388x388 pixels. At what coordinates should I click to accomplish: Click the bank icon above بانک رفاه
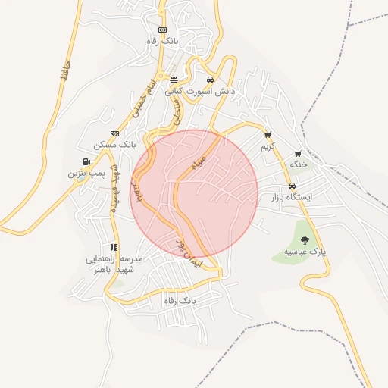tap(162, 30)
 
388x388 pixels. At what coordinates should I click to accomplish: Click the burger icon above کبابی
tap(174, 80)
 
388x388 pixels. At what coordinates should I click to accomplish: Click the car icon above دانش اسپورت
tap(210, 80)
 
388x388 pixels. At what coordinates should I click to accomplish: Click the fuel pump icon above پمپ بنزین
tap(87, 161)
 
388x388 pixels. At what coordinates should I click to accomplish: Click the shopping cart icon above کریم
tap(268, 134)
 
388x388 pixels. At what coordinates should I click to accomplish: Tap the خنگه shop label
tap(298, 164)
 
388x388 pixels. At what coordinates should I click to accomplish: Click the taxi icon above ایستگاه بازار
tap(292, 186)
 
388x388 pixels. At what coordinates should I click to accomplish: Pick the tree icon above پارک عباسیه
tap(305, 240)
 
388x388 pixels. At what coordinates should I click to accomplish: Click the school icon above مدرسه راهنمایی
tap(114, 247)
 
